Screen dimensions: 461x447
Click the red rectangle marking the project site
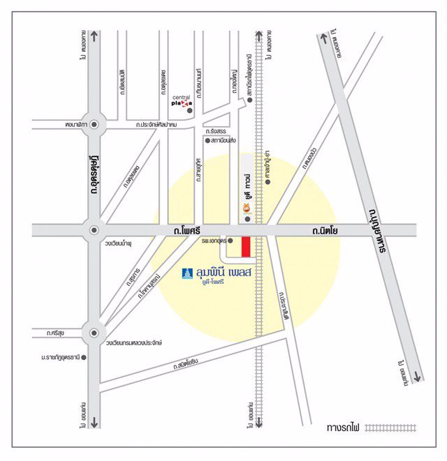[x=246, y=247]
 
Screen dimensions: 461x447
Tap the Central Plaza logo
[x=182, y=101]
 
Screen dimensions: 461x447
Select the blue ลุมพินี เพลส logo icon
[x=186, y=273]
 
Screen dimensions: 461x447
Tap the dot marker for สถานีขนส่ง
[x=207, y=140]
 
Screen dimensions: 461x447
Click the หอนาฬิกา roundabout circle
[x=94, y=125]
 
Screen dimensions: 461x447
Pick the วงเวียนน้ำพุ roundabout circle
[x=94, y=229]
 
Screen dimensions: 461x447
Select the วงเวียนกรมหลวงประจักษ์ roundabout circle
[x=94, y=333]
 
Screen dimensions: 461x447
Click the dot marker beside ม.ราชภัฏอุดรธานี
[x=85, y=358]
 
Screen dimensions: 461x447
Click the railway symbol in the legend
[x=390, y=426]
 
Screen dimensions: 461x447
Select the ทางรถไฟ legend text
[x=344, y=426]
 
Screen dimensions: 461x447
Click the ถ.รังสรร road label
[x=214, y=130]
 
